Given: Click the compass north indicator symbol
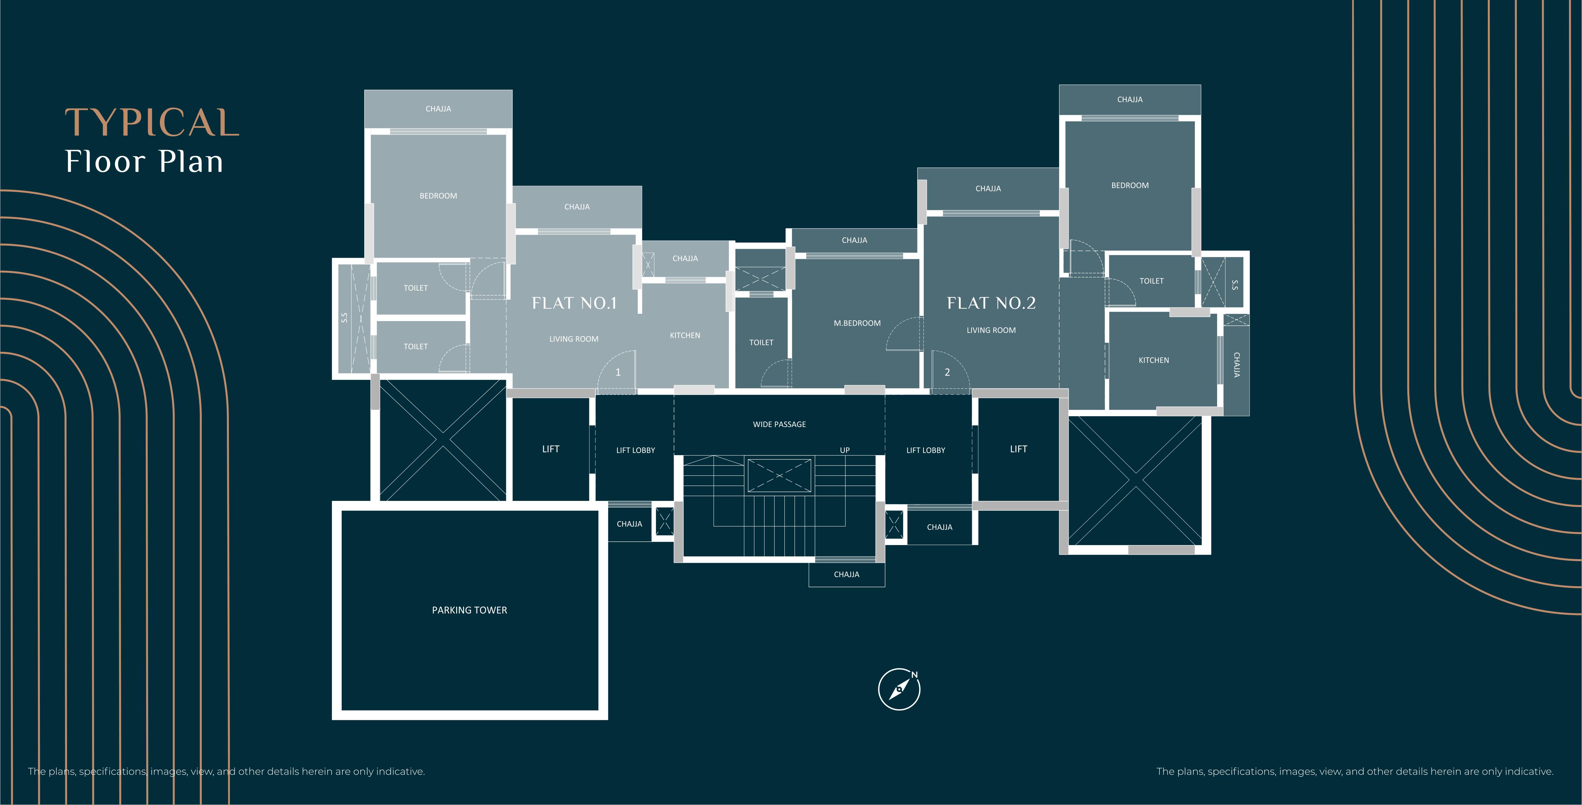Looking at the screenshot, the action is tap(899, 689).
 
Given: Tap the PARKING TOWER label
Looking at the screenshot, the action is tap(469, 610).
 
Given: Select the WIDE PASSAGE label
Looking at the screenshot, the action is tap(779, 424).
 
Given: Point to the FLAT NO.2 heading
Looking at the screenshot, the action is tap(991, 303).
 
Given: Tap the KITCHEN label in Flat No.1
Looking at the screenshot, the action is tap(685, 335).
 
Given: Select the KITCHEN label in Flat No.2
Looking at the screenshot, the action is tap(1153, 360).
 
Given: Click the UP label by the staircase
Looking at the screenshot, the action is tap(844, 450).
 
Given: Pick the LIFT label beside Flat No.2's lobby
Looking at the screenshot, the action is tap(1018, 449).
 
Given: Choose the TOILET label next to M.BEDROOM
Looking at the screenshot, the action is tap(761, 343).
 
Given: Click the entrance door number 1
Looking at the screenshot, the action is tap(618, 372).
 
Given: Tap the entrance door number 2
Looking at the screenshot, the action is tap(947, 372).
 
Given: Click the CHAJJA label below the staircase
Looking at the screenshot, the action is tap(846, 574).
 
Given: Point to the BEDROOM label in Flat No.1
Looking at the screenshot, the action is tap(438, 196).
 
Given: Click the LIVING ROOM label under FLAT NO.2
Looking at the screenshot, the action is tap(991, 330).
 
